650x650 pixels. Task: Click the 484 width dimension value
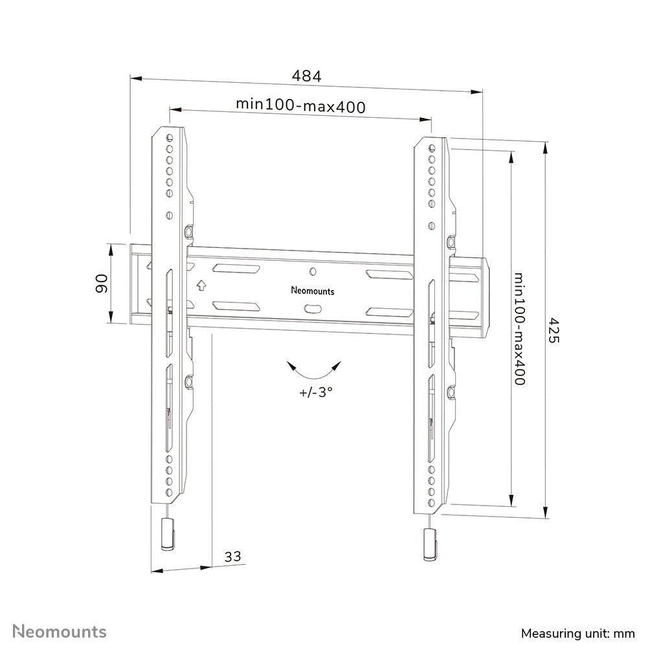click(x=306, y=76)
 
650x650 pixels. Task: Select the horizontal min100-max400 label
click(x=300, y=105)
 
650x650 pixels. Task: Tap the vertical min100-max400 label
click(x=519, y=328)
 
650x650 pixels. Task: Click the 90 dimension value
click(x=101, y=284)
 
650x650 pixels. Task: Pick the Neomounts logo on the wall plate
click(x=313, y=291)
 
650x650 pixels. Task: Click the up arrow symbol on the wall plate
click(x=201, y=284)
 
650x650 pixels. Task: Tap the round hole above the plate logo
click(x=313, y=272)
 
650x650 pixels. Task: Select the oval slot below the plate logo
click(x=313, y=308)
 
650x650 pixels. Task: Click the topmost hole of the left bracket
click(x=170, y=137)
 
